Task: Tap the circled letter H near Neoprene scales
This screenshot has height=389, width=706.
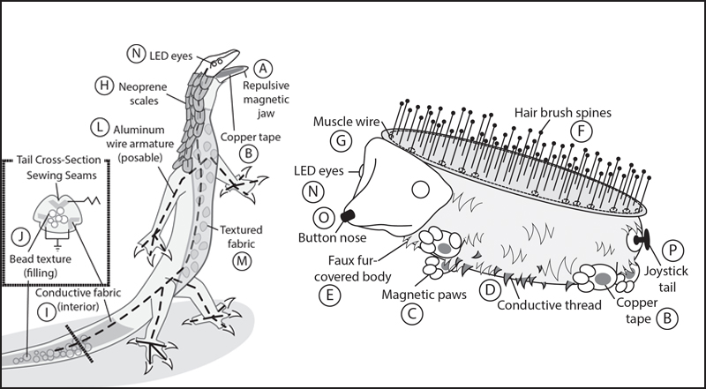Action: click(103, 86)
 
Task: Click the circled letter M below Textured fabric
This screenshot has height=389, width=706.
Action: click(240, 260)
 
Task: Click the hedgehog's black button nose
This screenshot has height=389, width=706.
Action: click(348, 214)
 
